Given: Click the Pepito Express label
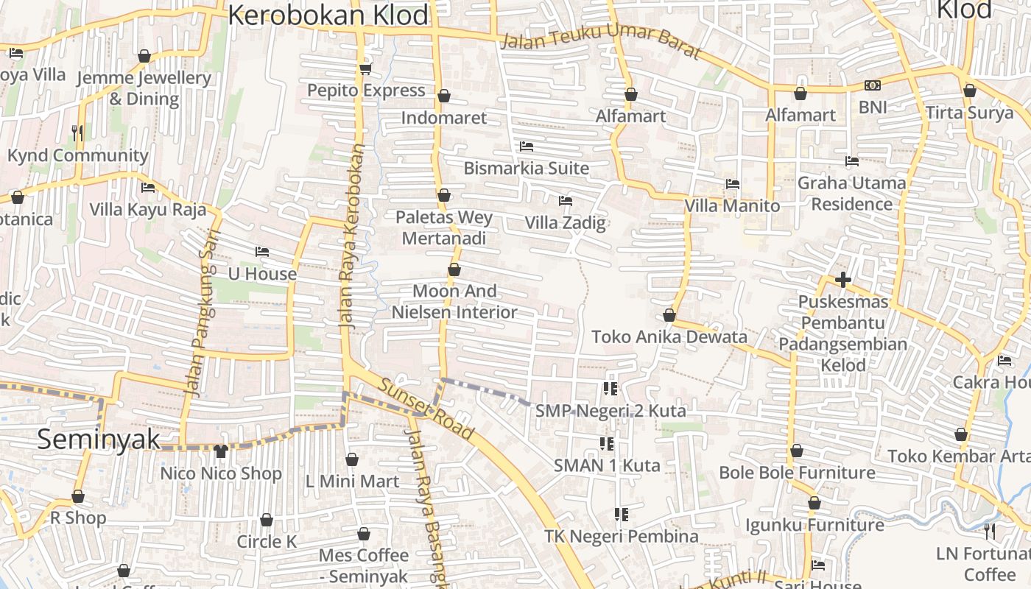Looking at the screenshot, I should coord(366,91).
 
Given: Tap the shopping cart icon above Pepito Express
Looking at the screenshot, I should coord(365,69).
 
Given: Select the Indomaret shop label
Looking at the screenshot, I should coord(444,118).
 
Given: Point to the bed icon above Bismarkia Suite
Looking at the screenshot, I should coord(527,147).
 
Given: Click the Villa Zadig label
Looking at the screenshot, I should coord(565,222).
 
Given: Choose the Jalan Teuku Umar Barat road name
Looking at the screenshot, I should coord(600,43).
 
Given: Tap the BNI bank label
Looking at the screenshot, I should coord(873,107).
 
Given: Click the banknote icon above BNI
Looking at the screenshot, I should coord(873,85).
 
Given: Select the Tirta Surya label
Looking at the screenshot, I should coord(969,113).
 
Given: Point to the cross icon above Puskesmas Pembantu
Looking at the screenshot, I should coord(843,280).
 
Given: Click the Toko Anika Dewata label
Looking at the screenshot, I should coord(669,337).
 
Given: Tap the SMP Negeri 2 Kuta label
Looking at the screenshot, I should coord(610,411).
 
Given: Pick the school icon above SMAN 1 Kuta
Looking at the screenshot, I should coord(607,443).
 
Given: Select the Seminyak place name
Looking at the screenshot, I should coord(98,440).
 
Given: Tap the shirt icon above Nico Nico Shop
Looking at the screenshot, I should coord(221,451).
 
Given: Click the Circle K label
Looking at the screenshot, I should coord(267,542).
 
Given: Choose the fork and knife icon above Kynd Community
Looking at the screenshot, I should coord(77,133).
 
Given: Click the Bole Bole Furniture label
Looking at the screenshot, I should coord(797,473).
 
